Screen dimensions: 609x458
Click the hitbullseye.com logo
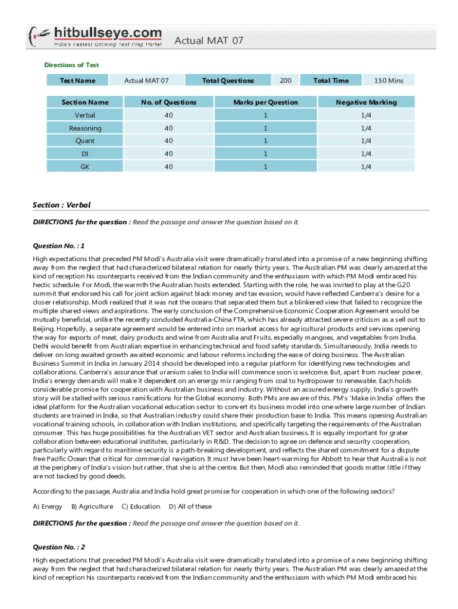[95, 36]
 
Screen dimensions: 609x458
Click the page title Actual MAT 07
[209, 40]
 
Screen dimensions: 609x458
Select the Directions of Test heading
[71, 65]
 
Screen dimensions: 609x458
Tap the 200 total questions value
[286, 80]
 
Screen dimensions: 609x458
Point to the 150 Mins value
[388, 80]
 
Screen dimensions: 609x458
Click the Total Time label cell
[331, 80]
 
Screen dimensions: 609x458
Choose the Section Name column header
[85, 102]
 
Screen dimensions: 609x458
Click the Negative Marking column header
[366, 102]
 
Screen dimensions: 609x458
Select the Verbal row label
[85, 115]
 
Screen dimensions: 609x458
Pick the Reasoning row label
[85, 128]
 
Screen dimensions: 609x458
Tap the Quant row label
[85, 141]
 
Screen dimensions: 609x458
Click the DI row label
[85, 154]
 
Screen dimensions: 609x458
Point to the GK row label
[85, 167]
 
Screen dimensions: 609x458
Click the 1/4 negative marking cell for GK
[366, 167]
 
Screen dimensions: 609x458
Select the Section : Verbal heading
[62, 205]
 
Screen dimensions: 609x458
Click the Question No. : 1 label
[59, 246]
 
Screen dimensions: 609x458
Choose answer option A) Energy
[48, 507]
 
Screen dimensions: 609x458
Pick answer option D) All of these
[190, 507]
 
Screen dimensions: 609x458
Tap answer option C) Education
[140, 507]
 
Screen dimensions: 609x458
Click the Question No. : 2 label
[59, 547]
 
